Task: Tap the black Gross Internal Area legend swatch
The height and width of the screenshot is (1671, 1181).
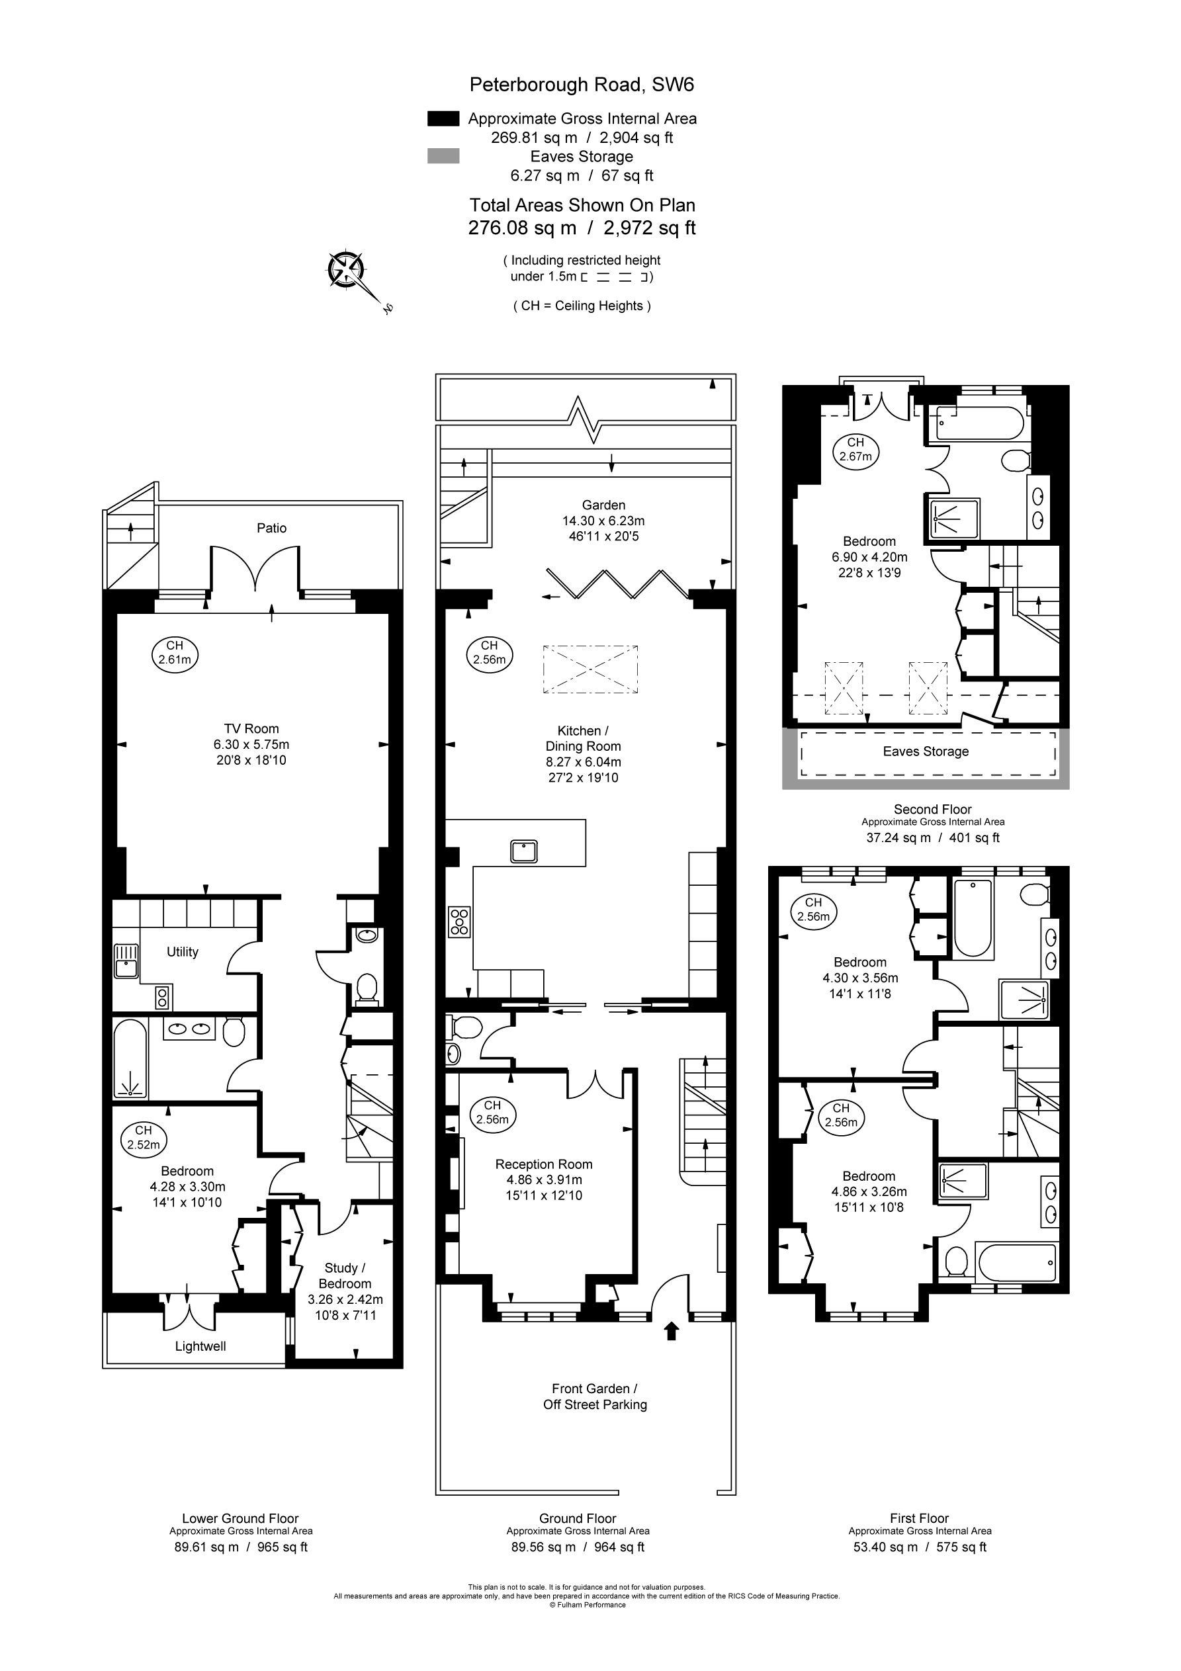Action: point(443,118)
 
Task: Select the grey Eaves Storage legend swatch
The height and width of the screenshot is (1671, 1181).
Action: point(443,155)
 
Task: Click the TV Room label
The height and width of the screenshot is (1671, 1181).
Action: point(251,728)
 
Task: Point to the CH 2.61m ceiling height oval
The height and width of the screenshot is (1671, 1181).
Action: point(175,653)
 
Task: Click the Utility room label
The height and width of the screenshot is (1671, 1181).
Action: point(182,952)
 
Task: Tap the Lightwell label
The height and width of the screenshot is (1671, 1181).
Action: point(200,1346)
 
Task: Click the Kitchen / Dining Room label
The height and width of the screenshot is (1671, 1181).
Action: point(583,738)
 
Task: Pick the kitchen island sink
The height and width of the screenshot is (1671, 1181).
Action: point(524,850)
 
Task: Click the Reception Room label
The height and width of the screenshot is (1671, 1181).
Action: point(544,1164)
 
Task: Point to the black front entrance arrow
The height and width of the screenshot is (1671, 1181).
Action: point(672,1331)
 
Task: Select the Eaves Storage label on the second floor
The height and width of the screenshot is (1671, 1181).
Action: point(926,751)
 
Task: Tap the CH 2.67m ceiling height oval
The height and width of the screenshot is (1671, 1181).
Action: point(855,450)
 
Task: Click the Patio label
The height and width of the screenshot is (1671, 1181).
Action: point(271,529)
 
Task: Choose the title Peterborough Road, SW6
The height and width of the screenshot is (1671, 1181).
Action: point(582,85)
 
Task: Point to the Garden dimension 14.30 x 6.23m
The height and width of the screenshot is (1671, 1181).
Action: point(603,521)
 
